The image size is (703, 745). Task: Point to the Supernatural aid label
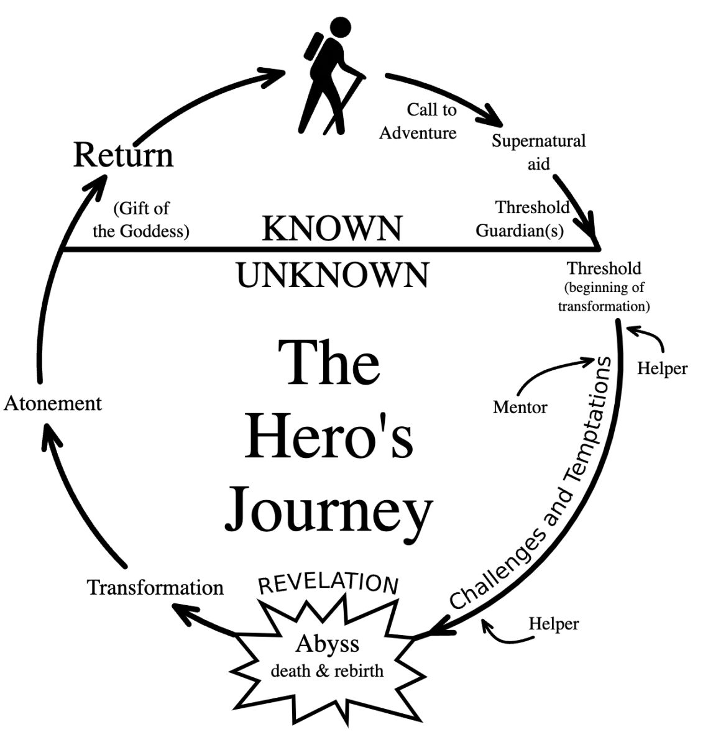point(538,152)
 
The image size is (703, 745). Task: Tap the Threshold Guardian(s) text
point(522,219)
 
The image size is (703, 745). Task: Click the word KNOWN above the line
point(332,229)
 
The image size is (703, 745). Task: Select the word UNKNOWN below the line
point(333,275)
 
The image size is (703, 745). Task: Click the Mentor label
point(520,408)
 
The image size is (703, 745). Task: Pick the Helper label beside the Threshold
point(662,368)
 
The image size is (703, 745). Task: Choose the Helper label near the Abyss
point(553,624)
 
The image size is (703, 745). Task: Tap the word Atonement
point(53,403)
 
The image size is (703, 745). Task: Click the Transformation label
point(155,587)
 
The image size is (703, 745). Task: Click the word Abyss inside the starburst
point(327,644)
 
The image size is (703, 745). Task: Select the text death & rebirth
point(327,671)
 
